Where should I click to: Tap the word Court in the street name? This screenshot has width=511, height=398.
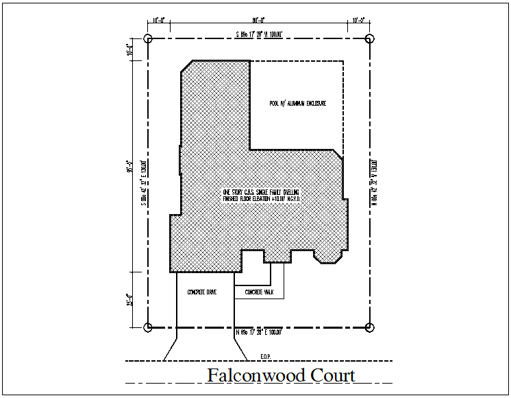pyautogui.click(x=332, y=376)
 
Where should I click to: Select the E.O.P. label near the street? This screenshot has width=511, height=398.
pyautogui.click(x=266, y=356)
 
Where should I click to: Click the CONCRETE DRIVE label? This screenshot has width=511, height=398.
pyautogui.click(x=202, y=292)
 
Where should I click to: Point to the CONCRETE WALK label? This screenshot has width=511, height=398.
pyautogui.click(x=259, y=292)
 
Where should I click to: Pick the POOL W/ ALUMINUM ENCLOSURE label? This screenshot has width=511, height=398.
pyautogui.click(x=297, y=104)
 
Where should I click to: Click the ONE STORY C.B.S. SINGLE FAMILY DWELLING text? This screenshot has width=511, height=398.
pyautogui.click(x=262, y=191)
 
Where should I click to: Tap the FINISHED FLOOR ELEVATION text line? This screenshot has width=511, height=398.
pyautogui.click(x=262, y=199)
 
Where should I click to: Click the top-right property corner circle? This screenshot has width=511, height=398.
pyautogui.click(x=369, y=38)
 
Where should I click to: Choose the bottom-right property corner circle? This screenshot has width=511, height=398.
pyautogui.click(x=369, y=327)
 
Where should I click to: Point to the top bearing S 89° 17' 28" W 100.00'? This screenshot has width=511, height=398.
pyautogui.click(x=259, y=33)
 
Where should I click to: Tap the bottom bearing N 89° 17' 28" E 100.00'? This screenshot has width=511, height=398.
pyautogui.click(x=259, y=333)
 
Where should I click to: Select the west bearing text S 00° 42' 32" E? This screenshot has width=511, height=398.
pyautogui.click(x=142, y=183)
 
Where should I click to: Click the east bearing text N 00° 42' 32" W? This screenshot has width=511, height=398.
pyautogui.click(x=375, y=183)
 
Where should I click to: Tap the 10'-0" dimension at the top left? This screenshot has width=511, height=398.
pyautogui.click(x=159, y=21)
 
